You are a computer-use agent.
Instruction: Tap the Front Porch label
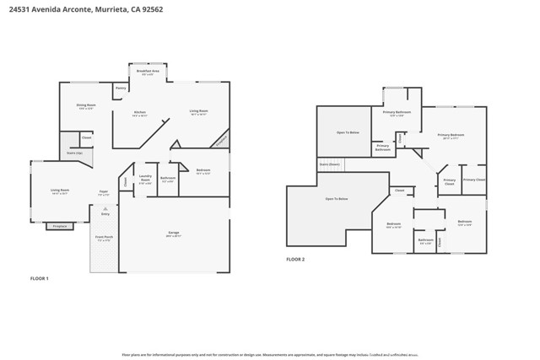click(104, 238)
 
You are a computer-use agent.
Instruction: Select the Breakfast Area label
click(144, 72)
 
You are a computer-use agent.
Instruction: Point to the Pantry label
click(121, 88)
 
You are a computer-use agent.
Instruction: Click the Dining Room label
click(87, 106)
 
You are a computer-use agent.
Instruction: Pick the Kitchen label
click(139, 113)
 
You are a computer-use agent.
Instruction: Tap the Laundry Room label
click(145, 177)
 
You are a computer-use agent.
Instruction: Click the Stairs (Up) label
click(74, 153)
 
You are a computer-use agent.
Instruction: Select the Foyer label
click(103, 191)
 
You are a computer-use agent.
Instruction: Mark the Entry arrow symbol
click(105, 208)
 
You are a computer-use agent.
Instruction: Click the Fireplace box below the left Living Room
click(60, 226)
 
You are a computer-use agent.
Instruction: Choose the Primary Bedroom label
click(450, 135)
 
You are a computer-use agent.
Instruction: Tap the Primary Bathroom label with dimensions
click(397, 113)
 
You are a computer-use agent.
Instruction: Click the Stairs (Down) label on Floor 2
click(329, 164)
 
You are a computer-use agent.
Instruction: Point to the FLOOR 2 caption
click(295, 259)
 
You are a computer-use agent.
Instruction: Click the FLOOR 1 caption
click(40, 278)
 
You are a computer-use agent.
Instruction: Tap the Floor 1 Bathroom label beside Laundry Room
click(168, 178)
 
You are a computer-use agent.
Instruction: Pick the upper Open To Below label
click(348, 132)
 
